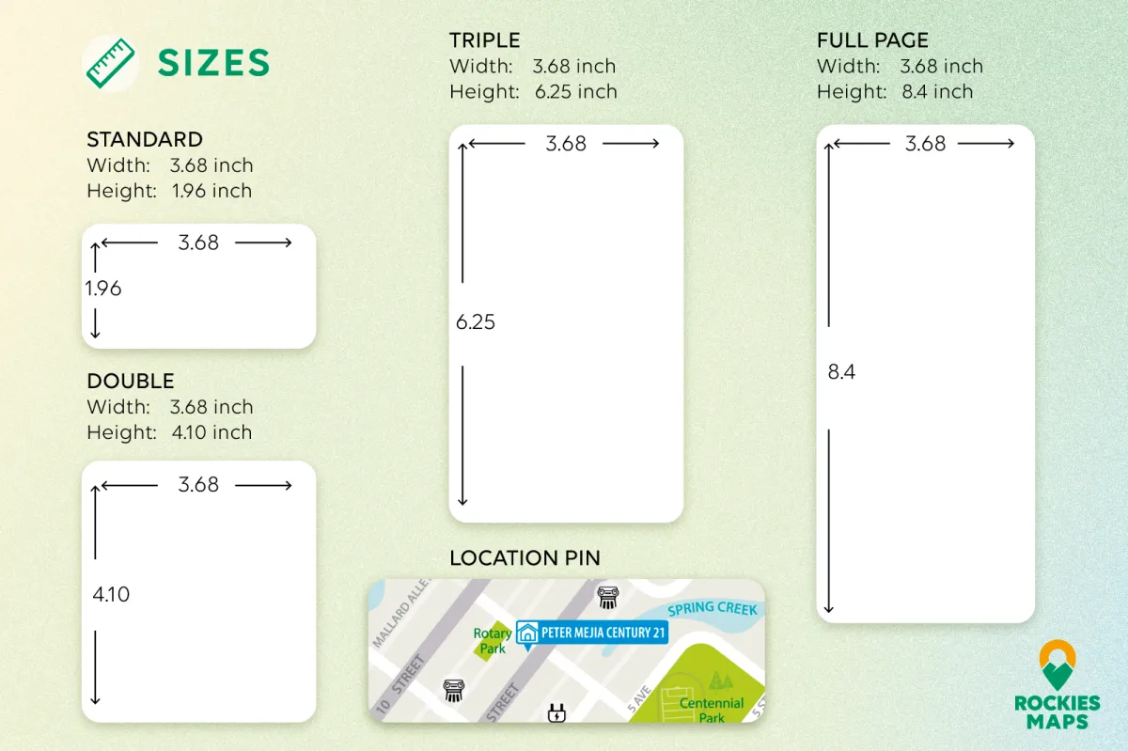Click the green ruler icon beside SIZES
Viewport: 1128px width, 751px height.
point(110,64)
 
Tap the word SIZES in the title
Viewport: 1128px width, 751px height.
point(214,63)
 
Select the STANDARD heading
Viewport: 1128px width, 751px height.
point(145,139)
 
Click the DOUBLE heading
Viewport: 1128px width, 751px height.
point(131,382)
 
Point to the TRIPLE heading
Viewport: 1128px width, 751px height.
point(484,40)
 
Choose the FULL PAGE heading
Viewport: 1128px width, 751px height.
point(872,40)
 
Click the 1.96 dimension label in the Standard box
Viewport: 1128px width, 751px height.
point(103,289)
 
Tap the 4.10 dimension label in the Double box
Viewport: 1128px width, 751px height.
point(111,594)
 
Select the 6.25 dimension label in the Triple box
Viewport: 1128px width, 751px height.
point(476,322)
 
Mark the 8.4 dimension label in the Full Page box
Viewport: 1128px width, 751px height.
point(841,371)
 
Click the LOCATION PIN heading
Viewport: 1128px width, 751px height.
point(525,558)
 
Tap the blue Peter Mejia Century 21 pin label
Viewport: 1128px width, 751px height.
point(592,634)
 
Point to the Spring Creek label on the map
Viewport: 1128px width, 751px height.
point(713,609)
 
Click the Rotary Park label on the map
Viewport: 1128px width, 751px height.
point(492,641)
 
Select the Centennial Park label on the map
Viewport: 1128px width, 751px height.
point(711,711)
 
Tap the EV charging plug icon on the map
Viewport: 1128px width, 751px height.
point(556,712)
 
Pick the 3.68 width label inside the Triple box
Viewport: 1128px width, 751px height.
point(566,144)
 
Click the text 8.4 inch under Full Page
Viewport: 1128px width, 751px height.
point(937,92)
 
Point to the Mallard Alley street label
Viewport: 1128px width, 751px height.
point(401,613)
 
